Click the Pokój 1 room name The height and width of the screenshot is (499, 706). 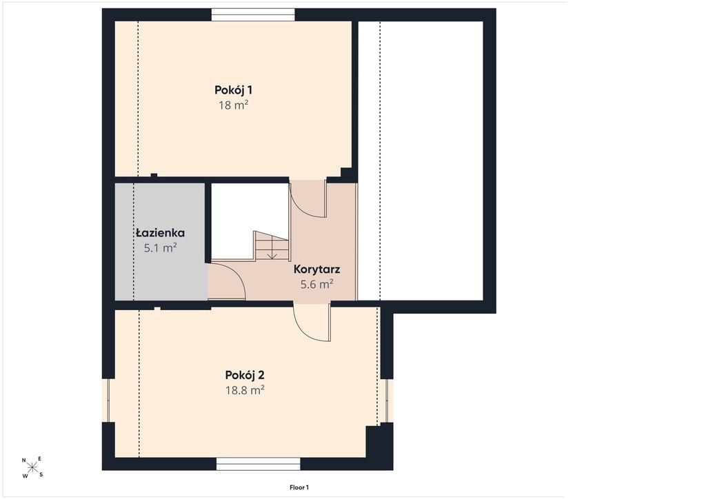click(x=233, y=90)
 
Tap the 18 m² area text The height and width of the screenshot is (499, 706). click(x=234, y=105)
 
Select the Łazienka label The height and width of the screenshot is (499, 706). click(x=160, y=233)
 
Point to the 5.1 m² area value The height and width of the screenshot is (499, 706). click(x=160, y=248)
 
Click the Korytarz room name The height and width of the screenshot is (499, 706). click(x=317, y=269)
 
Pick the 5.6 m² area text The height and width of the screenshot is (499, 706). click(x=317, y=285)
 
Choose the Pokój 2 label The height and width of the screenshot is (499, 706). click(x=245, y=375)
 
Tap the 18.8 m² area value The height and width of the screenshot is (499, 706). click(x=245, y=390)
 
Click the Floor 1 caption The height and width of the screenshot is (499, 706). click(x=299, y=487)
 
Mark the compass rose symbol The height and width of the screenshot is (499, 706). click(x=32, y=467)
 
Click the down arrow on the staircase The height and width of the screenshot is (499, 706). click(x=272, y=254)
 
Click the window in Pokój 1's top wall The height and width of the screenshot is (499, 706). click(x=254, y=15)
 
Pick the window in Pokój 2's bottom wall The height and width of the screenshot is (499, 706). click(x=259, y=464)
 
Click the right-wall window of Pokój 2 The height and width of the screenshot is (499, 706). click(x=387, y=401)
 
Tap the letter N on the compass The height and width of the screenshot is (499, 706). click(x=24, y=460)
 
